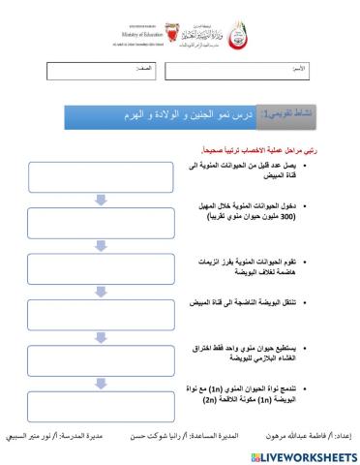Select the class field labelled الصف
point(104,72)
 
